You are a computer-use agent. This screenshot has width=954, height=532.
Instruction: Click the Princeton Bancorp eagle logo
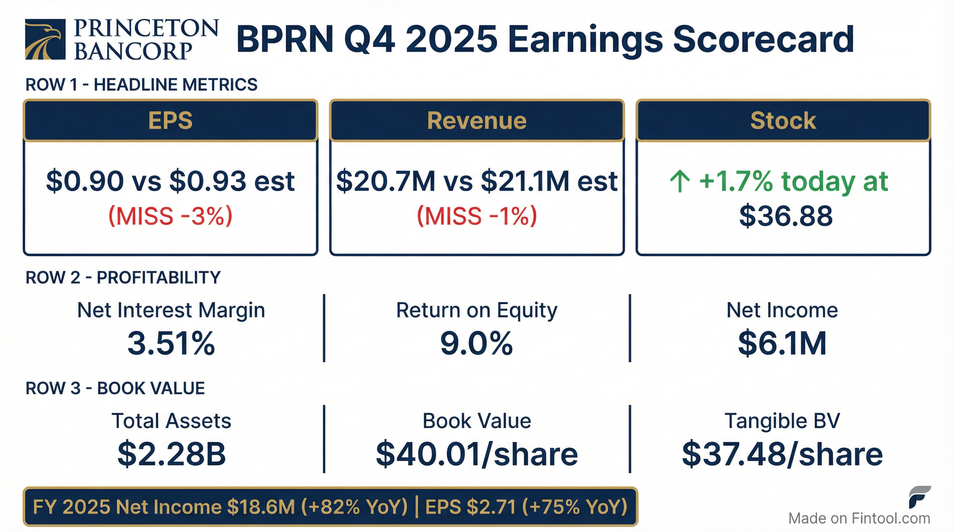click(45, 39)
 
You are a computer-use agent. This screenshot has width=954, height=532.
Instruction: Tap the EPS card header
click(170, 121)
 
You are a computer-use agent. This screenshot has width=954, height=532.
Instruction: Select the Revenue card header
click(477, 121)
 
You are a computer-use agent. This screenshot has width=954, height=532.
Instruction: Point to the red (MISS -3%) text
click(170, 216)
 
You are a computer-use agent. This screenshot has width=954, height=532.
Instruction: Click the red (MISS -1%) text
click(477, 216)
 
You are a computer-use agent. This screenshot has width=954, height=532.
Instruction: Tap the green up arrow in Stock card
click(679, 181)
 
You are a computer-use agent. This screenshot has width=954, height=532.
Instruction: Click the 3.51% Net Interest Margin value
click(171, 343)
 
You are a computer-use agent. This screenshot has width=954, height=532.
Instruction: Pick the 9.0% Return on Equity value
click(477, 343)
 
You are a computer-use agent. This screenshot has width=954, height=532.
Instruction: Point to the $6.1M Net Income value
click(782, 343)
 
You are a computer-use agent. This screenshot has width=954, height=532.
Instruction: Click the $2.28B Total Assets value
click(172, 454)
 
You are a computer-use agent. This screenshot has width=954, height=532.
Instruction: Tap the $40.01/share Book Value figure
click(477, 454)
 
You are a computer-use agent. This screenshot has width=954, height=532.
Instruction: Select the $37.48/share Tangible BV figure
click(782, 454)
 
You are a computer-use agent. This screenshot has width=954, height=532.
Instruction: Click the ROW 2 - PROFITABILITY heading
click(123, 277)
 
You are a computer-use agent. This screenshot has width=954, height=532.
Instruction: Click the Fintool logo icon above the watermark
click(919, 497)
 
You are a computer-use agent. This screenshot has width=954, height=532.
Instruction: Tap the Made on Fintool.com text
click(859, 518)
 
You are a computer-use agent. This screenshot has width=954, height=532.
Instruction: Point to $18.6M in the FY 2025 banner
click(261, 507)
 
